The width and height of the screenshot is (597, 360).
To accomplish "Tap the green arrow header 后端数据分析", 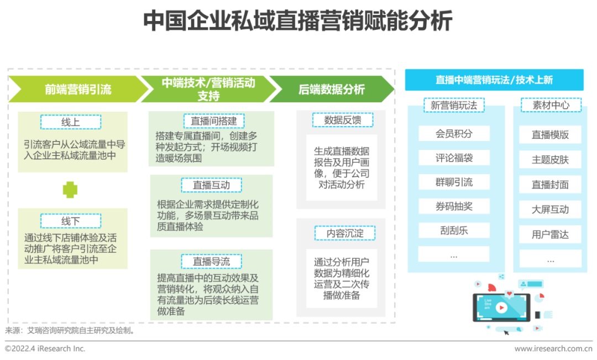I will point(331,89).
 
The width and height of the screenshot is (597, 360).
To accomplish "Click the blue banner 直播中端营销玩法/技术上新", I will point(494,80).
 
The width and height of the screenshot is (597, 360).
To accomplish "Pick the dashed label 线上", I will point(70,122).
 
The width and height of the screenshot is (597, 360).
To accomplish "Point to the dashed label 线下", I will point(70,221).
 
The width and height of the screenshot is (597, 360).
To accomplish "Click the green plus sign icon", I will point(70,190).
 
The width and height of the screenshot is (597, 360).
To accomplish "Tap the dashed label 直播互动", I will point(211,185).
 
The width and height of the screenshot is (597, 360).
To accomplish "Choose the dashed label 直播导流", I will point(211,261).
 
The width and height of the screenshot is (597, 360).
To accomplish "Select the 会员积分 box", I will point(454,133).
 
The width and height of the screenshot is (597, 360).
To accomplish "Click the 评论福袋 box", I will point(454,158).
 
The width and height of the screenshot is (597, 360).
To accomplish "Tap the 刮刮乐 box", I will point(454,231).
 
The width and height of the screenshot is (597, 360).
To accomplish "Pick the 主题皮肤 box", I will point(550,160).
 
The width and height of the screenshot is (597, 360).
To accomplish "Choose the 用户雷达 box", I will point(550,234).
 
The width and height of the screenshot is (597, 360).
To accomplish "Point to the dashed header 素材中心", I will point(551,105).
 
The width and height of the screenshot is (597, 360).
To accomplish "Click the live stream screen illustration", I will point(501,307).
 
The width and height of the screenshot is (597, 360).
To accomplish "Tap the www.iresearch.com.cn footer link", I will point(553,349).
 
